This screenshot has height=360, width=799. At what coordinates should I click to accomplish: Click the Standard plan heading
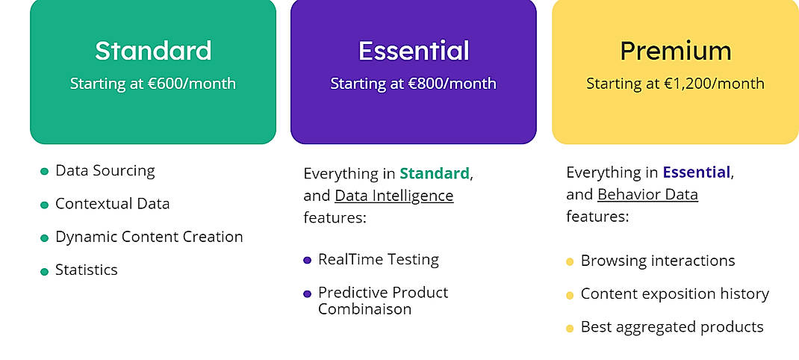click(x=153, y=51)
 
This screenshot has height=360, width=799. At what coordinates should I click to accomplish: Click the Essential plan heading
click(x=414, y=51)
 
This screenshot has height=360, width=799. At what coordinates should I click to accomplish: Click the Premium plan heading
click(x=675, y=51)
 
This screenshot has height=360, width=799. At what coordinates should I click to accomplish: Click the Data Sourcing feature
click(x=105, y=171)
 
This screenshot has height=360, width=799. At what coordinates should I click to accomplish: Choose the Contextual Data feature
click(x=112, y=204)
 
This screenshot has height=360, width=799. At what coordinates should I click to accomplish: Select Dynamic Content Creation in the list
click(x=149, y=237)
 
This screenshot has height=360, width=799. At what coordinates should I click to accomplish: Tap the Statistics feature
click(x=86, y=270)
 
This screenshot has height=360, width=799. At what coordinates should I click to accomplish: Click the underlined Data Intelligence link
click(x=394, y=196)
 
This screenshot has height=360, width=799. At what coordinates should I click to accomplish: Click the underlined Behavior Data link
click(x=647, y=195)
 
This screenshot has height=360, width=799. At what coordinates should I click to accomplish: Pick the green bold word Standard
click(x=434, y=174)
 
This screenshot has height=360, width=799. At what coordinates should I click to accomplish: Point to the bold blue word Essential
click(x=696, y=173)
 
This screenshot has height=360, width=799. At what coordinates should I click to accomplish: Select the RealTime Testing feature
click(x=378, y=260)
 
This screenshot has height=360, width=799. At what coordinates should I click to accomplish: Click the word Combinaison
click(x=364, y=309)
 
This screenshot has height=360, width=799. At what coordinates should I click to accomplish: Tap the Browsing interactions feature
click(x=657, y=261)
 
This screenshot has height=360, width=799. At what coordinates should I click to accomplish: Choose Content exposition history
click(x=674, y=294)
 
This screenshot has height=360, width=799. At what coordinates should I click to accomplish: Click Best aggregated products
click(x=671, y=327)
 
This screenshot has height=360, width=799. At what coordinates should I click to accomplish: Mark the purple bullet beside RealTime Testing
click(x=307, y=261)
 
